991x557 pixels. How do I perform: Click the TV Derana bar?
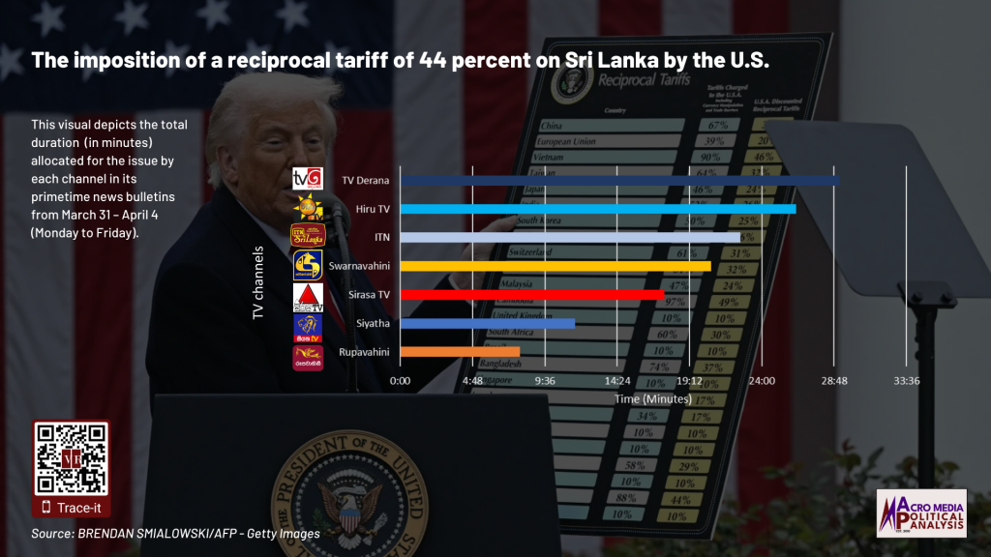pyautogui.click(x=619, y=180)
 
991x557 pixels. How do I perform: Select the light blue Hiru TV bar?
pyautogui.click(x=597, y=208)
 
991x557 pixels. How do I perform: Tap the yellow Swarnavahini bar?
pyautogui.click(x=555, y=266)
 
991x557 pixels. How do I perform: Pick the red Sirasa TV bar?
pyautogui.click(x=531, y=294)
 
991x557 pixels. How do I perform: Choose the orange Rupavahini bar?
pyautogui.click(x=460, y=351)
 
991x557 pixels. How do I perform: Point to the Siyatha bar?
pyautogui.click(x=487, y=323)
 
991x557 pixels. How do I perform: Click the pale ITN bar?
pyautogui.click(x=569, y=237)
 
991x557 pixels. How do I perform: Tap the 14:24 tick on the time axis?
pyautogui.click(x=617, y=381)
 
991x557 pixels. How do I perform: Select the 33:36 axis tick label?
pyautogui.click(x=907, y=381)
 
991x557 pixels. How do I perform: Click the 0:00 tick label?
pyautogui.click(x=400, y=381)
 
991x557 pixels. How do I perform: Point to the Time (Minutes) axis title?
pyautogui.click(x=653, y=398)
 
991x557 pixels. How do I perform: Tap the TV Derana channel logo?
pyautogui.click(x=307, y=179)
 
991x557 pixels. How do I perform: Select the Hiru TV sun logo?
pyautogui.click(x=309, y=207)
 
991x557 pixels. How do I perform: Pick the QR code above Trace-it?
pyautogui.click(x=71, y=459)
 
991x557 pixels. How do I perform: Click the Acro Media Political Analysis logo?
pyautogui.click(x=920, y=513)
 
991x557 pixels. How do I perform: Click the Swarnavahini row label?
pyautogui.click(x=359, y=266)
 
